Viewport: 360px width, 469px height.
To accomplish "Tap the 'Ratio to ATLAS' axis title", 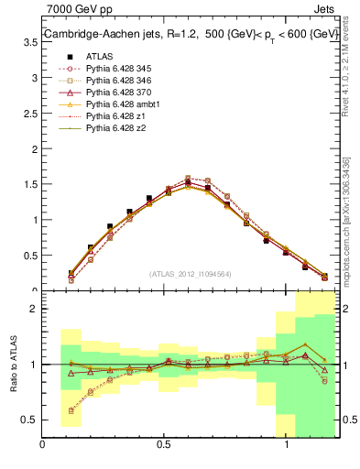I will [x=14, y=364].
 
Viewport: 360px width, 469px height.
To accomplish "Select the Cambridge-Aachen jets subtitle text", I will [x=190, y=35].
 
